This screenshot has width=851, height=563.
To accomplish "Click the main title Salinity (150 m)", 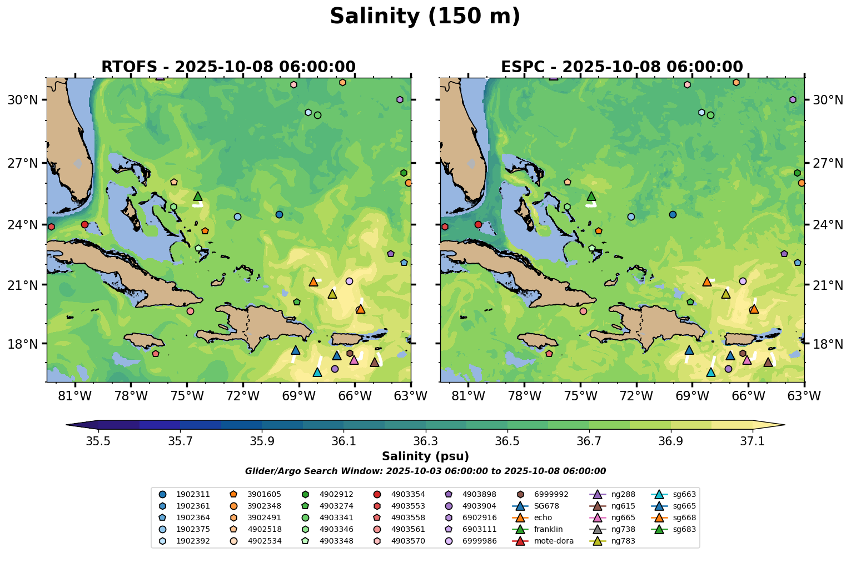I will click(x=425, y=17).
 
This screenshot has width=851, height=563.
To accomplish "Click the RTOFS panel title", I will click(x=228, y=67).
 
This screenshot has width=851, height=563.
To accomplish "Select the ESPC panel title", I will click(x=621, y=67).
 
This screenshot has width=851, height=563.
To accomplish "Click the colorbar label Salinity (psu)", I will click(x=425, y=456).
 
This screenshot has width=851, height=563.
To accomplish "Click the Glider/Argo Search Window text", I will click(x=425, y=471).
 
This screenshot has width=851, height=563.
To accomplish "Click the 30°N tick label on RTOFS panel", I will click(x=23, y=100).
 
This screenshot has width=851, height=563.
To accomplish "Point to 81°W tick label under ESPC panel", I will click(x=468, y=396).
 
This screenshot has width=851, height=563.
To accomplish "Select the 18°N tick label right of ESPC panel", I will click(x=828, y=344).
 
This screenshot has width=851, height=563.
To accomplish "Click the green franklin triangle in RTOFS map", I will click(x=198, y=197).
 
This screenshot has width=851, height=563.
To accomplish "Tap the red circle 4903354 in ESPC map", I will click(x=478, y=225).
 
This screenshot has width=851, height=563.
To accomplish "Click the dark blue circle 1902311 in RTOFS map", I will click(x=279, y=215).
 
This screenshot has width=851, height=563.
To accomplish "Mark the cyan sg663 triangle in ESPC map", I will click(x=710, y=373).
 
